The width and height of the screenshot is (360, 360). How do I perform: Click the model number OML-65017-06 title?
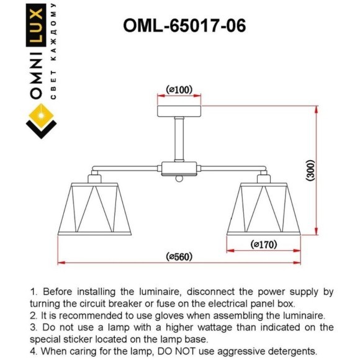(x=184, y=25)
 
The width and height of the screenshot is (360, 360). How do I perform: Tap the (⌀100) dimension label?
(x=179, y=91)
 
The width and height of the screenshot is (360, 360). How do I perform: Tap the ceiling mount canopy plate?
(x=179, y=112)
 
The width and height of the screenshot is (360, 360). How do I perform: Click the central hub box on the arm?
(x=179, y=168)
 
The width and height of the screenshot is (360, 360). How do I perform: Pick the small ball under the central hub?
(x=179, y=180)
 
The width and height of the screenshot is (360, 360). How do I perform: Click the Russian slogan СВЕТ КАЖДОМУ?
(x=55, y=53)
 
